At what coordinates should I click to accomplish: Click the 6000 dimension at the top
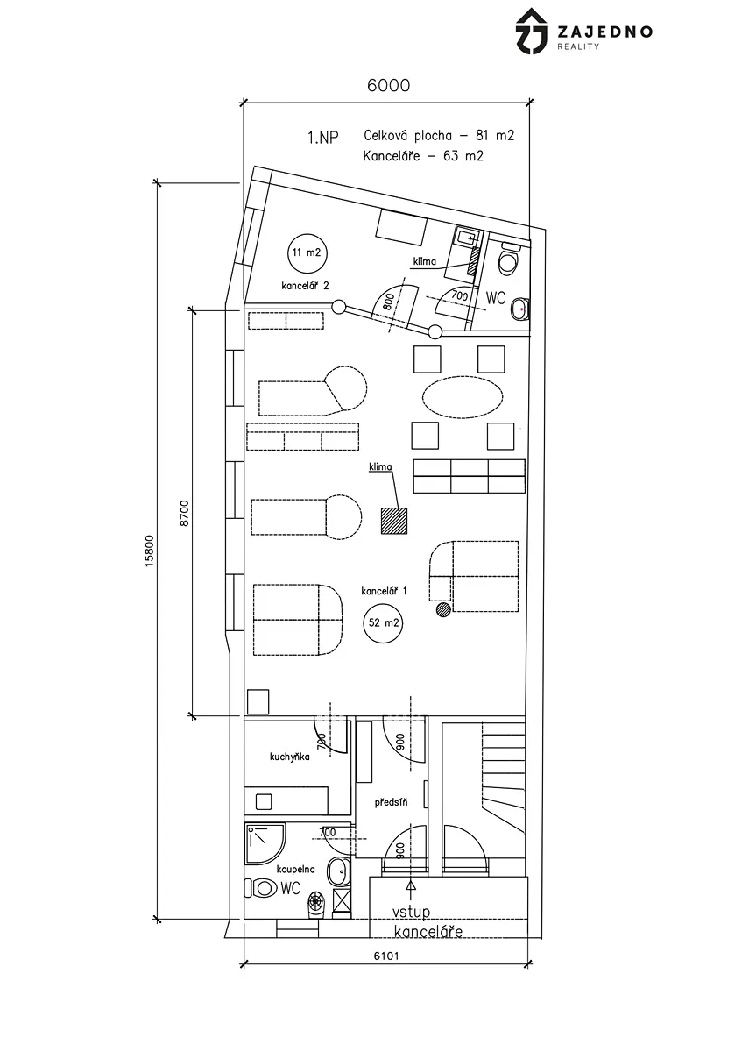point(388,86)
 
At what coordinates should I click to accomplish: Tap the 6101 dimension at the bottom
point(386,956)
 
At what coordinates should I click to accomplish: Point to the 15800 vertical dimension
point(149,551)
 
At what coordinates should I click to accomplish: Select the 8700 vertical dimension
point(184,513)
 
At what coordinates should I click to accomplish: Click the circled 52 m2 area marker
point(384,623)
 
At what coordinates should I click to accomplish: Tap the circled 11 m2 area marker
point(307,252)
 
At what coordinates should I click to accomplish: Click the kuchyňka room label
point(290,757)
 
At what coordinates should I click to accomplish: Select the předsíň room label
point(391,802)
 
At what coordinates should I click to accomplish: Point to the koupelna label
point(296,869)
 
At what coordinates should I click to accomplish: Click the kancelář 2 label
point(305,286)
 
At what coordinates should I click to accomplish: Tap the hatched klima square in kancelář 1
point(393,521)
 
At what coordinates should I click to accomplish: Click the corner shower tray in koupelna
point(265,845)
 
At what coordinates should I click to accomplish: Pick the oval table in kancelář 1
point(463,397)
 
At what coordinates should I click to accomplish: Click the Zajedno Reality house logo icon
point(532,31)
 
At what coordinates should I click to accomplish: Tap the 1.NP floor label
point(323,138)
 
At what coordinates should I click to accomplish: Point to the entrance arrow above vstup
point(412,897)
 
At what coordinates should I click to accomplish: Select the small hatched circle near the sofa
point(443,609)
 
